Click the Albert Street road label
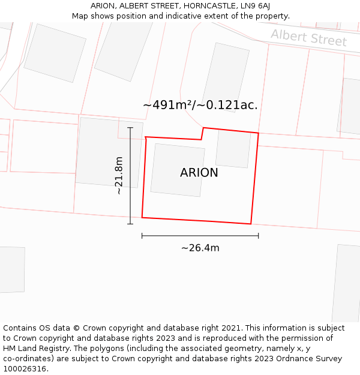tap(308, 38)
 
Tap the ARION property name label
tap(199, 173)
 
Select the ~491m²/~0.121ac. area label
tap(200, 105)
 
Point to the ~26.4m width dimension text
tap(200, 248)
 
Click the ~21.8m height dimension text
tap(119, 175)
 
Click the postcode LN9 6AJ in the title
tap(253, 6)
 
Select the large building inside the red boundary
tap(177, 170)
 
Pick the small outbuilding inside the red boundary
tap(233, 148)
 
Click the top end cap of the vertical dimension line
tap(130, 127)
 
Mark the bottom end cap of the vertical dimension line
tap(130, 224)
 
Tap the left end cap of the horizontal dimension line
tap(142, 236)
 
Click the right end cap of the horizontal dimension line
tap(259, 236)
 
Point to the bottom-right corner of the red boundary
tap(251, 224)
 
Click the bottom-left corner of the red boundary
tap(142, 217)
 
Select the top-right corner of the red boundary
tap(259, 133)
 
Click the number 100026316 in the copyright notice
tap(24, 369)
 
